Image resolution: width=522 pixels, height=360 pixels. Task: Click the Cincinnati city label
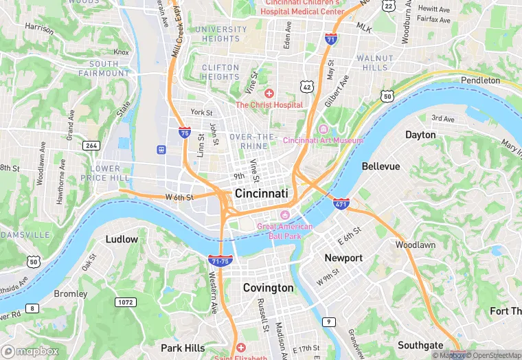point(261,194)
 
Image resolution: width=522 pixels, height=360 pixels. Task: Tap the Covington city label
point(268,288)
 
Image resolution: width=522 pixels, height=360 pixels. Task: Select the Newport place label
point(343,258)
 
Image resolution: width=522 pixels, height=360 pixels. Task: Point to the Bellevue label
point(381,166)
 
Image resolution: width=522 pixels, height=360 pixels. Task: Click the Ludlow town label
point(122,239)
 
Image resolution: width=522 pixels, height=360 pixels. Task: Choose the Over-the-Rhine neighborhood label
point(252,142)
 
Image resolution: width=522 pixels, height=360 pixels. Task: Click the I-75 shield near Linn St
point(184,133)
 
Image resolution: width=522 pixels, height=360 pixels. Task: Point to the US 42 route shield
point(306,86)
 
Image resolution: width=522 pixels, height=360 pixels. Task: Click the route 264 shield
point(91,146)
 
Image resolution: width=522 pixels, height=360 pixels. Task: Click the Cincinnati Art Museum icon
point(324,130)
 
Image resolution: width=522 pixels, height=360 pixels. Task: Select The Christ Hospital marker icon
point(269,93)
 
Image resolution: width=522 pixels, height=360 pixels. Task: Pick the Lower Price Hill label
point(105,173)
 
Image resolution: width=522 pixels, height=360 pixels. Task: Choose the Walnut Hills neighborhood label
point(375,63)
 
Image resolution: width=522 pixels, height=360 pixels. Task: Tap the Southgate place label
point(420,345)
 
